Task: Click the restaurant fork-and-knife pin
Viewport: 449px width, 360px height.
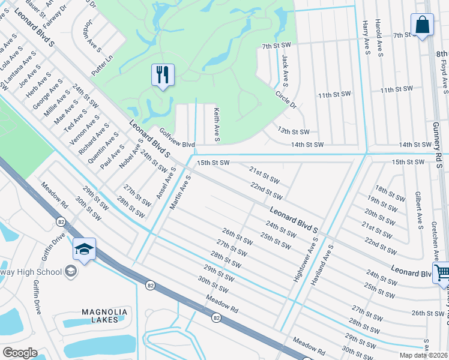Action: coord(163,75)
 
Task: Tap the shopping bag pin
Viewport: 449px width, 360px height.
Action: coord(422,25)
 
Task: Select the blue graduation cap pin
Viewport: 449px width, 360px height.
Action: coord(84,248)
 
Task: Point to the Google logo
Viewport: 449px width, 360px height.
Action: coord(19,353)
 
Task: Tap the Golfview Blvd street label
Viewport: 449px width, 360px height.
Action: coord(177,139)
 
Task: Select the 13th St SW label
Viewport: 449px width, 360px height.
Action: coord(293,131)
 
